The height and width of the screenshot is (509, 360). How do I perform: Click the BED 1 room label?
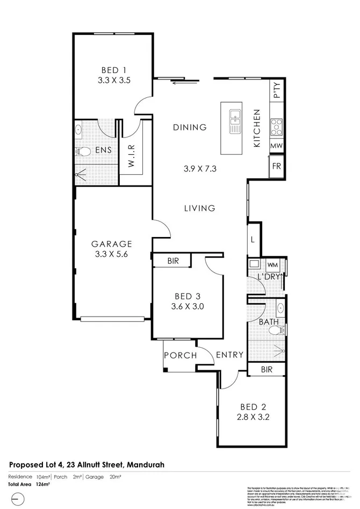tap(114, 69)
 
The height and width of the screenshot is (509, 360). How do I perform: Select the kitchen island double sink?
tap(235, 121)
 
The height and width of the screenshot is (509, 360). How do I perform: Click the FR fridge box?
tap(276, 167)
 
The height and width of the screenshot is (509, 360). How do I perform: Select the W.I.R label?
tap(131, 156)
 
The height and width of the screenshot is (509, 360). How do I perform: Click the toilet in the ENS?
tap(82, 151)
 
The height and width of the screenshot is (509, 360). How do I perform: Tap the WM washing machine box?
tap(272, 265)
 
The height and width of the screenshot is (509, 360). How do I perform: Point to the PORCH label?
tap(180, 355)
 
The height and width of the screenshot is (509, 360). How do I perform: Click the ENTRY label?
tap(229, 355)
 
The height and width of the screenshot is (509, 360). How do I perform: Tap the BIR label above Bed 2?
tap(266, 370)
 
